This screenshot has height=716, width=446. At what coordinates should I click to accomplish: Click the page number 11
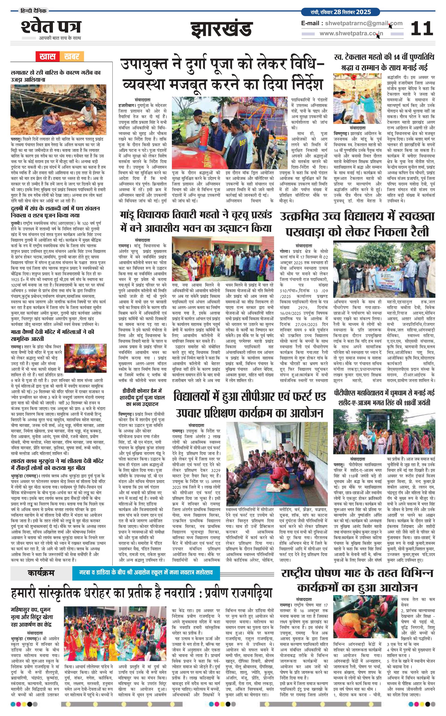pyautogui.click(x=422, y=28)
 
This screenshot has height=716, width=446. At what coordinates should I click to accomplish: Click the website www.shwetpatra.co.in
pyautogui.click(x=351, y=34)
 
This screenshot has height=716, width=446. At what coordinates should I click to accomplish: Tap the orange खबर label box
pyautogui.click(x=72, y=56)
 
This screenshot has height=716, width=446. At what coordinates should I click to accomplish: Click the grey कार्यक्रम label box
pyautogui.click(x=41, y=573)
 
